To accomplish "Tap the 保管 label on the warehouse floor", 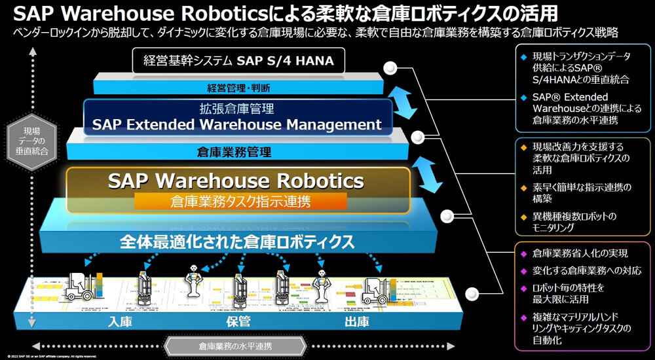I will (x=238, y=322).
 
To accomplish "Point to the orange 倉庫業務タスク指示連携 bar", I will (x=240, y=200).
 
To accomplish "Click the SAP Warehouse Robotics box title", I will (x=235, y=180).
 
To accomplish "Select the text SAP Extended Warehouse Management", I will (x=236, y=124).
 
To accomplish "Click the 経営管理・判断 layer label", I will (x=239, y=87).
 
